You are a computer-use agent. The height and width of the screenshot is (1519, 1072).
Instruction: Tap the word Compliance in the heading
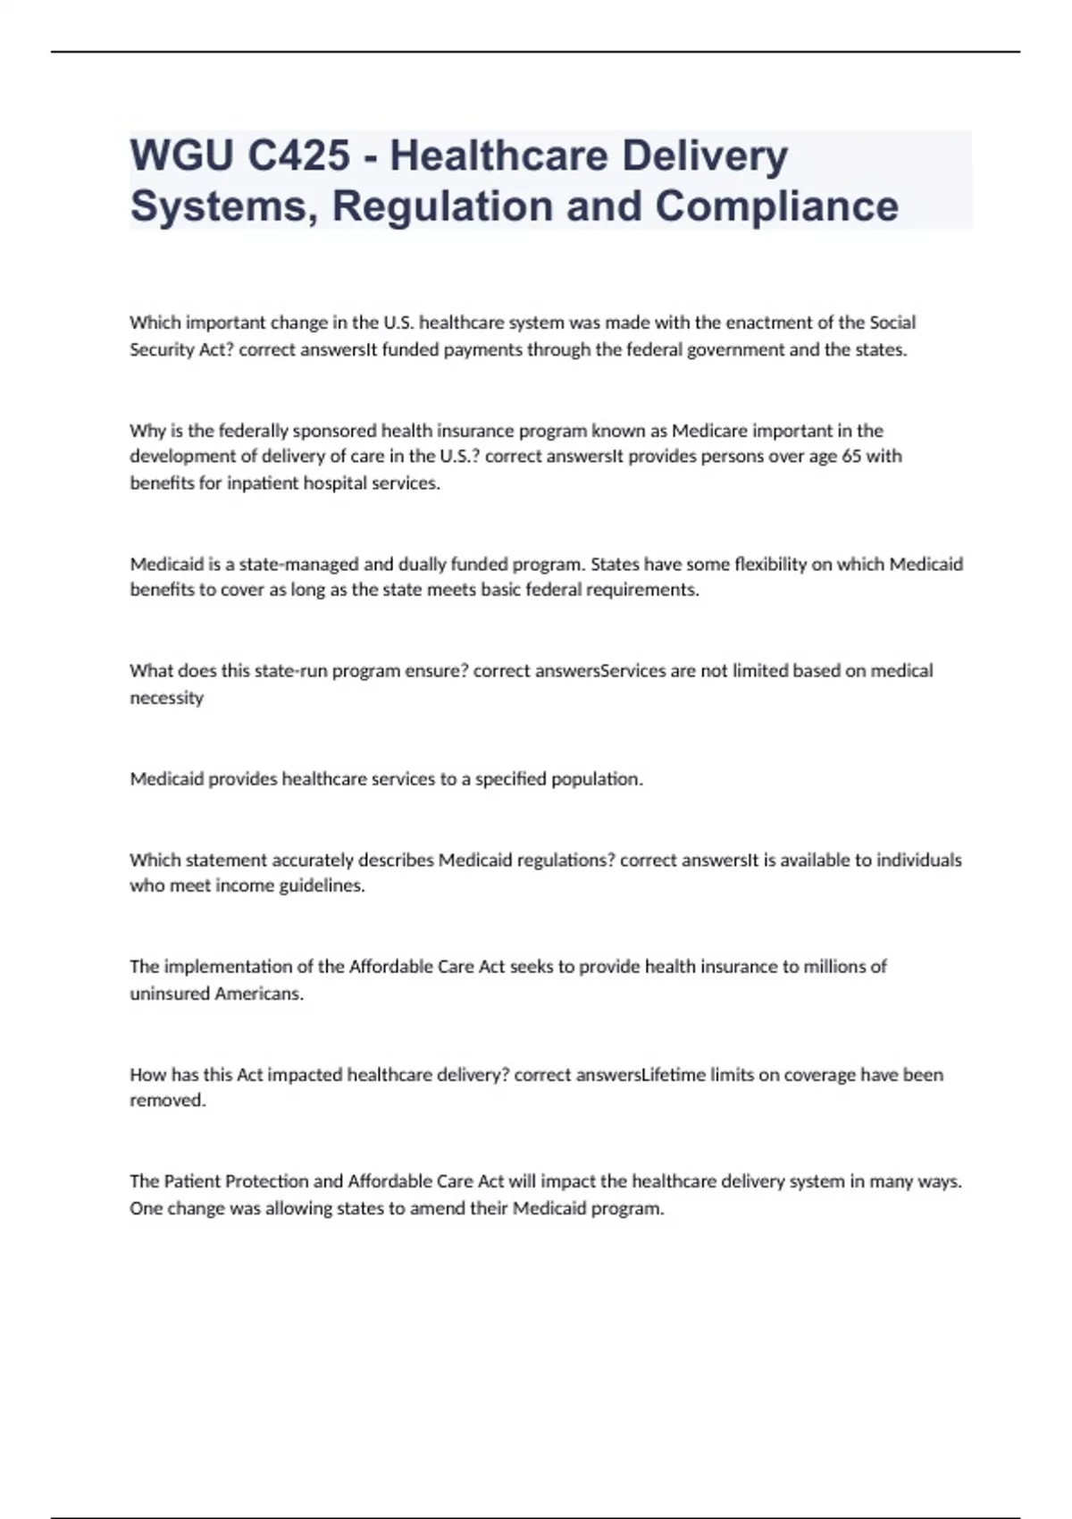[x=776, y=206]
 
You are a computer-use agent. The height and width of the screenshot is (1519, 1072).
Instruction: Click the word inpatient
[x=262, y=483]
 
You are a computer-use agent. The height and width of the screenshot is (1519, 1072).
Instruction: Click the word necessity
[x=167, y=698]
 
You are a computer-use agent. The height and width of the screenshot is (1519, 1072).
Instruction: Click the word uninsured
[x=170, y=994]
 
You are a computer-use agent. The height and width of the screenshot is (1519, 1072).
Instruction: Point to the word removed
[x=167, y=1101]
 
